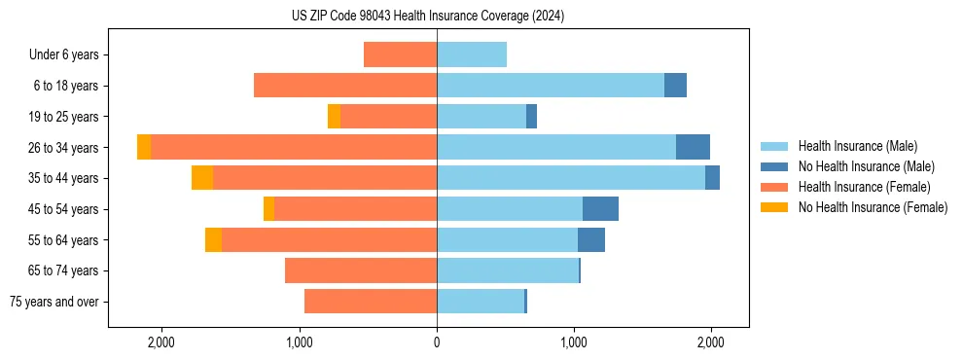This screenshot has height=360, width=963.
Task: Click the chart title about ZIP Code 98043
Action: [427, 16]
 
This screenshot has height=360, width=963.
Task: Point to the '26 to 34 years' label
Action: [64, 148]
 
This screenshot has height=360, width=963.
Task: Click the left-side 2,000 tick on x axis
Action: [160, 342]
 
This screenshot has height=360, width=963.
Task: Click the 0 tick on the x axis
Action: [437, 342]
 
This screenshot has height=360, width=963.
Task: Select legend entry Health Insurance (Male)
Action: [857, 146]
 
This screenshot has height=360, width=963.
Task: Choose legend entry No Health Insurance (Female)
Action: [873, 207]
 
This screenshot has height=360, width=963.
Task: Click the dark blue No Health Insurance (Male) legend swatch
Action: [775, 166]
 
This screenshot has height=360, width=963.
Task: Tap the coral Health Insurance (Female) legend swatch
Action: [775, 187]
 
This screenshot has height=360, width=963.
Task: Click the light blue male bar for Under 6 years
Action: [472, 54]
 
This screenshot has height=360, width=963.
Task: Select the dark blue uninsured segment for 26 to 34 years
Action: [693, 147]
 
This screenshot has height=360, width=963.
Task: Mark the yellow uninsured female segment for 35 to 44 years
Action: [202, 178]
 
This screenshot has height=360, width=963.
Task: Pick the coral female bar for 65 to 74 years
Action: [361, 270]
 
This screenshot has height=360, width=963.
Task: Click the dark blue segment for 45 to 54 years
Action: [600, 209]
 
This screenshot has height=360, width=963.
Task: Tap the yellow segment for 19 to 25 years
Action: [334, 117]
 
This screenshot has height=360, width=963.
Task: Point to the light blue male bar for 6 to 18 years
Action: [550, 86]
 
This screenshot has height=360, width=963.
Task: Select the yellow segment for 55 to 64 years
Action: [213, 240]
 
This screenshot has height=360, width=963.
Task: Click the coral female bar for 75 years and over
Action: [371, 302]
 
